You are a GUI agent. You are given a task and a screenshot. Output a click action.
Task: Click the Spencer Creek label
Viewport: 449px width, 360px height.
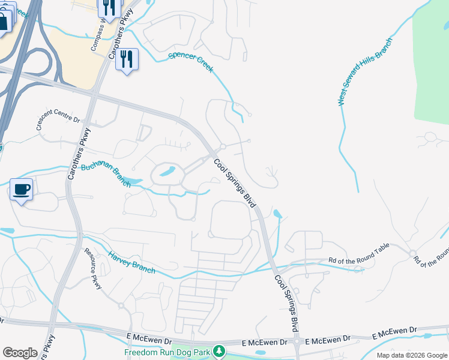[191, 62]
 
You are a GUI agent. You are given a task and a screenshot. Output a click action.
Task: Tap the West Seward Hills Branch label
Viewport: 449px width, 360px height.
[364, 73]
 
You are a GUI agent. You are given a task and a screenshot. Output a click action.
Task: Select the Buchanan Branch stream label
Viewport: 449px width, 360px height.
[106, 175]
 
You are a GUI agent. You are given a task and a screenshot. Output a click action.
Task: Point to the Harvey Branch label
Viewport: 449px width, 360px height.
[131, 263]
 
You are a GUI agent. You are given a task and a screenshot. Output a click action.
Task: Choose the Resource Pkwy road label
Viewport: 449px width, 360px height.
[92, 268]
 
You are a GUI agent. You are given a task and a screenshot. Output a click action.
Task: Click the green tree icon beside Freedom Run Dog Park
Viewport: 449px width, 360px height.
[220, 350]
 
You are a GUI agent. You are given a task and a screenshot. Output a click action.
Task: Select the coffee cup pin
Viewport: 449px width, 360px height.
[22, 190]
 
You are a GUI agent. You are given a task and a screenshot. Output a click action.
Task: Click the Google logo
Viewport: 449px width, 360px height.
[20, 352]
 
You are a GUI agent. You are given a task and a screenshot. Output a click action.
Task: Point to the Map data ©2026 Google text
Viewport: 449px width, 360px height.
[411, 355]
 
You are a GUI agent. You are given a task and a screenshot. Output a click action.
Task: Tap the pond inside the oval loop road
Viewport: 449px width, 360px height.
[168, 172]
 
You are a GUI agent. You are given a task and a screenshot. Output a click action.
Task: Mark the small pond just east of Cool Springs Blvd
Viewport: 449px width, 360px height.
[277, 214]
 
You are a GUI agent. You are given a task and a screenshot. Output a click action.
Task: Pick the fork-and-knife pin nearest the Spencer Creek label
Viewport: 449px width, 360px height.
[127, 59]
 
